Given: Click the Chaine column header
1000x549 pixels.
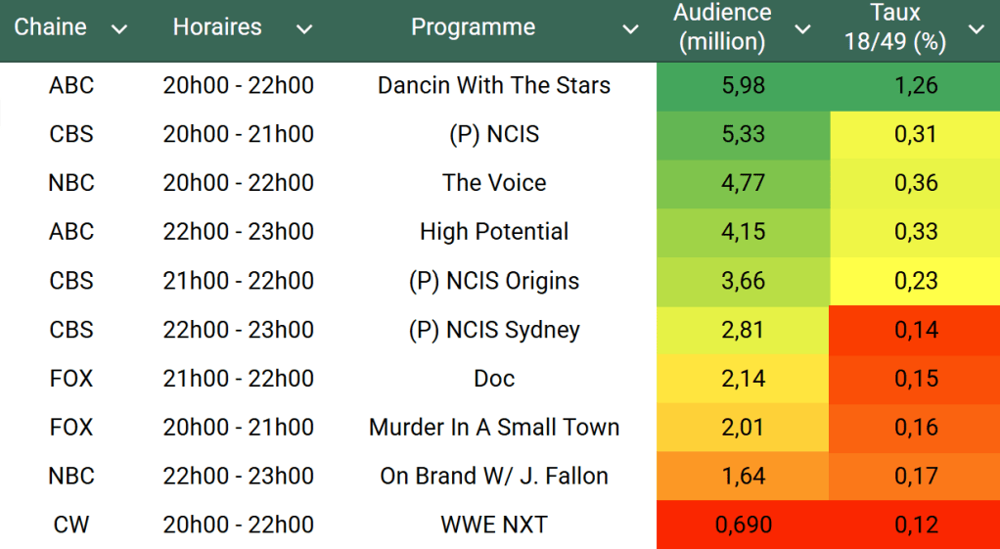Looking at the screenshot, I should [x=50, y=27].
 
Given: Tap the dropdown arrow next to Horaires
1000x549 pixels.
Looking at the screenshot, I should [x=304, y=29].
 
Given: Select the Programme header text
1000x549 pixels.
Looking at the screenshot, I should [x=473, y=27].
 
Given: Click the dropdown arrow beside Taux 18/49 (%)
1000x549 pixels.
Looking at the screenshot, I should [x=976, y=29].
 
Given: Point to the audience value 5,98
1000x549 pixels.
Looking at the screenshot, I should [x=743, y=85].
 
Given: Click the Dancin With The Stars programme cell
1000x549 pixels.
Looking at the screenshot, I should [x=493, y=85].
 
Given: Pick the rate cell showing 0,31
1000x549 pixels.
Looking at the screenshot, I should [x=916, y=134].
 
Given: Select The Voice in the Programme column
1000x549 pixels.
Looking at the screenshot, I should [x=493, y=183].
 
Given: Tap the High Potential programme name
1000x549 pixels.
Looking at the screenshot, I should [x=493, y=232].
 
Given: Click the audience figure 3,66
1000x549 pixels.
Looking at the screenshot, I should [x=743, y=281].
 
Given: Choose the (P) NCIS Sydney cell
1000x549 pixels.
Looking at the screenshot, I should [x=493, y=330].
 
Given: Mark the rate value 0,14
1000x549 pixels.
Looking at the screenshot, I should [x=916, y=330].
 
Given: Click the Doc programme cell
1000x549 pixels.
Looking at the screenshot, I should [x=493, y=379].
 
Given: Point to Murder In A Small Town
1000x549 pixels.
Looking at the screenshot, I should [x=493, y=428].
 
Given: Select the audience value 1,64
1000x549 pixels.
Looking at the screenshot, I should [x=743, y=477].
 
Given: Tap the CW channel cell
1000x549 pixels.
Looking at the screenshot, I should [x=71, y=526].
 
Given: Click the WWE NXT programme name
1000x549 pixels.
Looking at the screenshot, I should [x=493, y=526].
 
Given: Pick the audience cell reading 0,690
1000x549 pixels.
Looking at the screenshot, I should [x=743, y=526].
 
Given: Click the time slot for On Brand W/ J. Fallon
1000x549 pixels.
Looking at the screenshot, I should [x=238, y=477].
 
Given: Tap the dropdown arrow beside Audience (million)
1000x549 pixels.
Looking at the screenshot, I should [x=802, y=29].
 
